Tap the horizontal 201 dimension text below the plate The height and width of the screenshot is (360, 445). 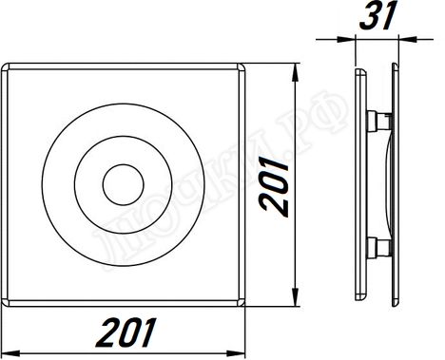point(126,332)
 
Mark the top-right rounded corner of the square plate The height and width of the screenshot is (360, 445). point(242,68)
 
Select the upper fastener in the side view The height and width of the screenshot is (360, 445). point(377,120)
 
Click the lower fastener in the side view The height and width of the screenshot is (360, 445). point(377,248)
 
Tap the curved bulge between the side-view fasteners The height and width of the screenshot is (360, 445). point(386,184)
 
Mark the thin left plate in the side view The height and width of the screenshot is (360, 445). point(358,184)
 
